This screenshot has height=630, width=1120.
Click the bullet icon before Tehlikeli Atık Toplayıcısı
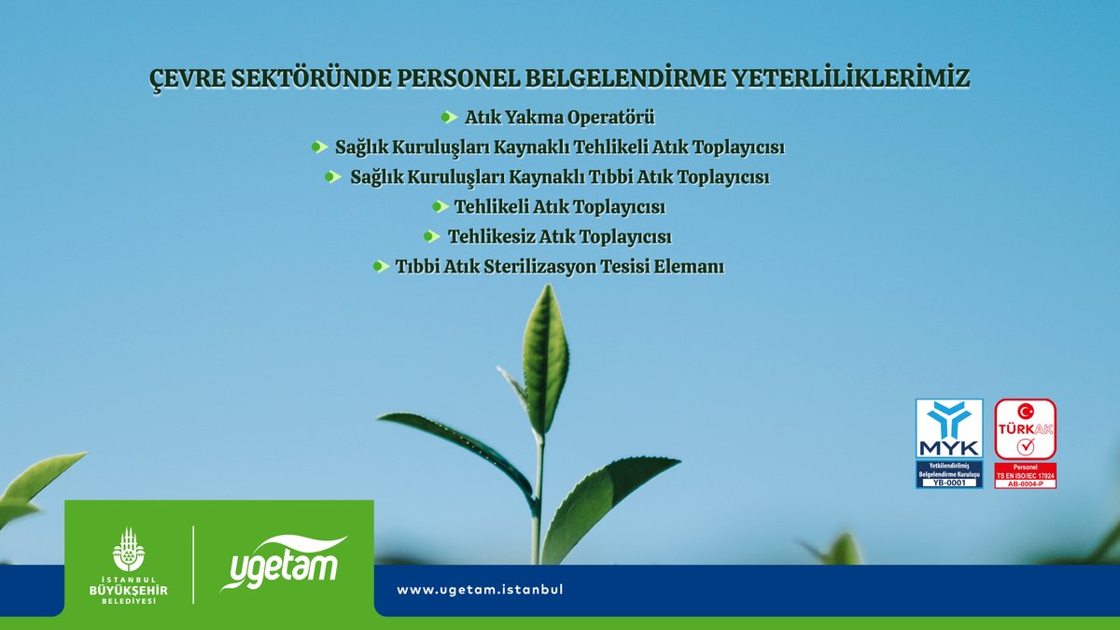[x=440, y=206]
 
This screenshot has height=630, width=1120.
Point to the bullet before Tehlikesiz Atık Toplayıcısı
[x=431, y=236]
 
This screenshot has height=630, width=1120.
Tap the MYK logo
[x=948, y=429]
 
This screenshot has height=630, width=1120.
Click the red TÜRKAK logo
[x=1025, y=429]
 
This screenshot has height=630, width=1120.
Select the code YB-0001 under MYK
[x=948, y=483]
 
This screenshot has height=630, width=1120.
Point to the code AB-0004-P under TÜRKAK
[x=1025, y=483]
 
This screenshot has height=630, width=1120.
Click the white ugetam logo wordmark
[x=282, y=563]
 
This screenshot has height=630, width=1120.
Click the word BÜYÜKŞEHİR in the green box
[x=129, y=588]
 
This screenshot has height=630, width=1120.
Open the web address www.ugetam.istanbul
[x=481, y=590]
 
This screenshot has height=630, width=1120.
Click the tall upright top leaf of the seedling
[x=545, y=359]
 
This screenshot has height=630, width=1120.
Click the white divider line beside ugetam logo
[x=193, y=564]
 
